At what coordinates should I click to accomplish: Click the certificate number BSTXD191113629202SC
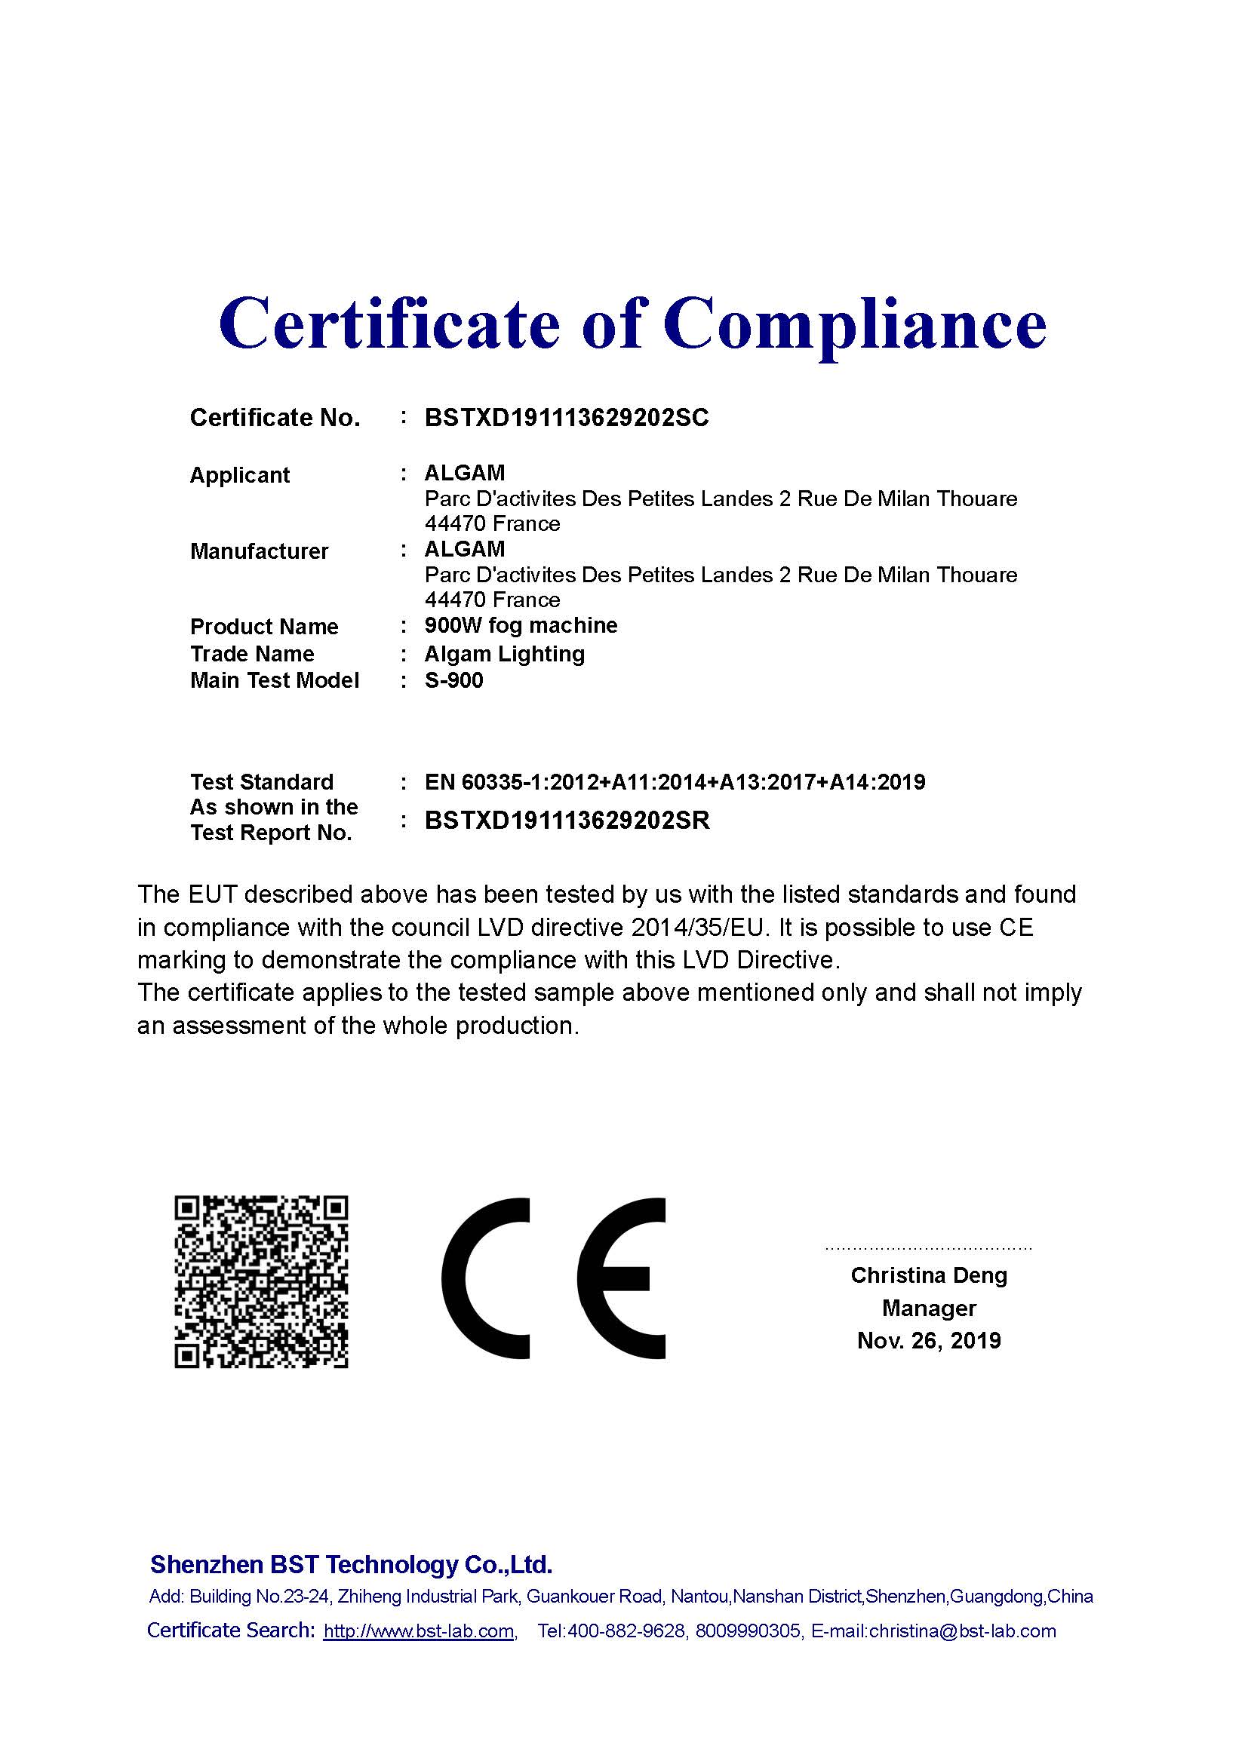pos(567,418)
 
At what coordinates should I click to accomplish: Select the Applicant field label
pos(240,475)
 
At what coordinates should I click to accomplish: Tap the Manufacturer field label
pos(259,551)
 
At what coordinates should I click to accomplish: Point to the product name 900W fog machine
pos(521,625)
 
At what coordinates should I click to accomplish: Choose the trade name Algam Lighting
pos(504,654)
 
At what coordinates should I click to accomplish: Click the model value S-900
pos(454,681)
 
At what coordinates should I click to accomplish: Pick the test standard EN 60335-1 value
pos(675,782)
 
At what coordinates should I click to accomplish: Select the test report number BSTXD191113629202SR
pos(567,821)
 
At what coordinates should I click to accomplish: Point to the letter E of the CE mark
pos(621,1278)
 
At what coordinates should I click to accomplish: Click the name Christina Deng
pos(928,1275)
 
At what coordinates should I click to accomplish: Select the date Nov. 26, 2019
pos(928,1341)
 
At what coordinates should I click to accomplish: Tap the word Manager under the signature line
pos(928,1308)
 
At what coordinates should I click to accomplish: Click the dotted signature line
pos(928,1248)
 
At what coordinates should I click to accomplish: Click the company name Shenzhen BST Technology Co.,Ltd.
pos(351,1565)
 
